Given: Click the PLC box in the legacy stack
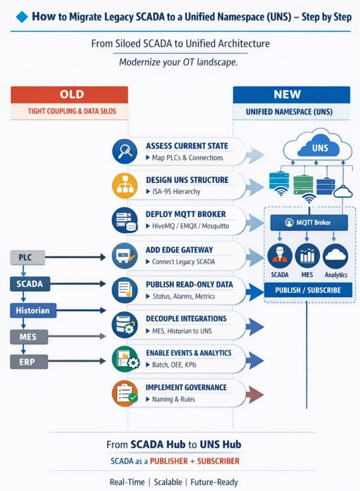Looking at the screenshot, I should pyautogui.click(x=27, y=257).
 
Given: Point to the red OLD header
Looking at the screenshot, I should pyautogui.click(x=70, y=94).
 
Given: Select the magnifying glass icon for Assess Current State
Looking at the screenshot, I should pyautogui.click(x=124, y=151).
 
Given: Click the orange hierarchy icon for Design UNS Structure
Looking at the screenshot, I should pyautogui.click(x=124, y=186).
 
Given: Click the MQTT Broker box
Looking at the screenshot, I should pyautogui.click(x=309, y=223).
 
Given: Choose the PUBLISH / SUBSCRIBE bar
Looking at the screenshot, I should pyautogui.click(x=309, y=290).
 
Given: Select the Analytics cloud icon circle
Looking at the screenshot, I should pyautogui.click(x=336, y=256).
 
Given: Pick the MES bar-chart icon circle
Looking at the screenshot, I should pyautogui.click(x=307, y=256).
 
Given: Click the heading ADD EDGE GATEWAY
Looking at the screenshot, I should pyautogui.click(x=179, y=250).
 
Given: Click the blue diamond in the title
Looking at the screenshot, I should pyautogui.click(x=22, y=17).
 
